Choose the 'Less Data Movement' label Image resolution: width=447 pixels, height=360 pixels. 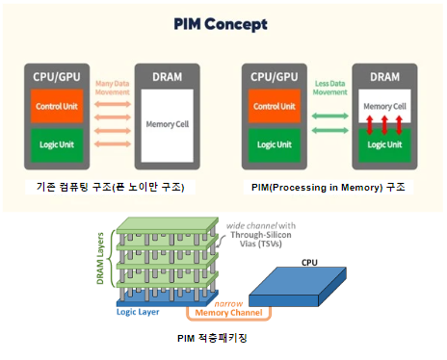coord(331,89)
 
